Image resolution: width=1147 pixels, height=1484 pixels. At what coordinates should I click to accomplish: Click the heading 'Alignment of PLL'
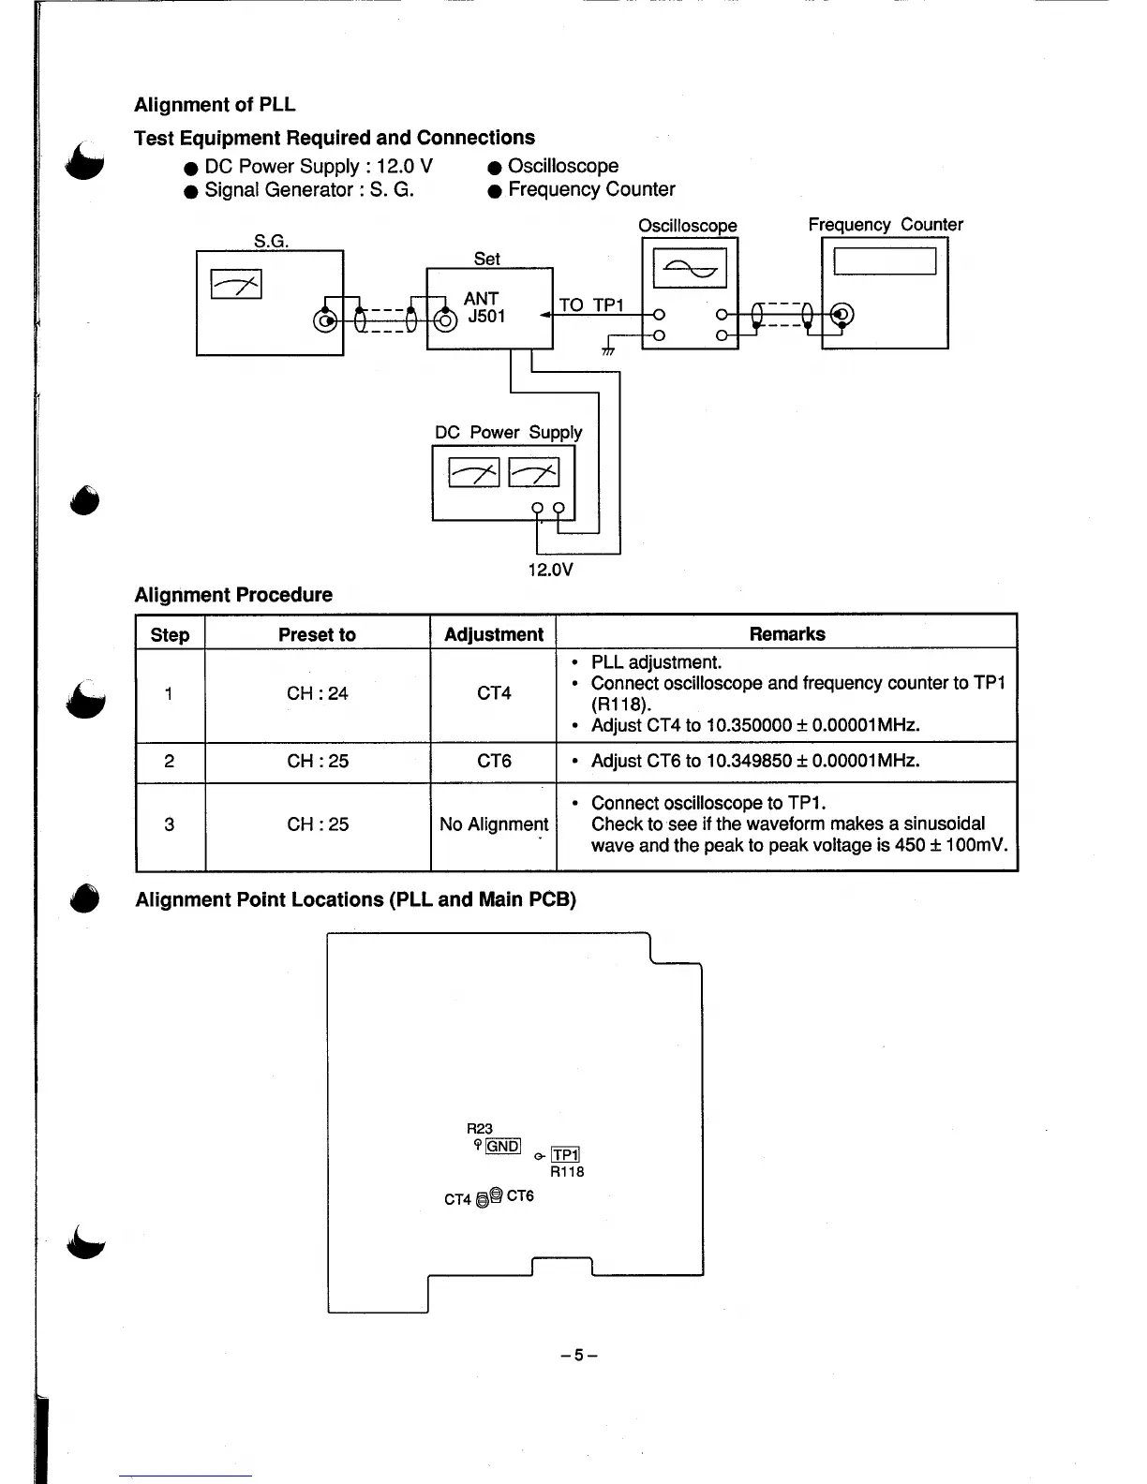pyautogui.click(x=215, y=105)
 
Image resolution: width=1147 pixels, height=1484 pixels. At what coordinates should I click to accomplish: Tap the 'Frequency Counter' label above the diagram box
pyautogui.click(x=885, y=225)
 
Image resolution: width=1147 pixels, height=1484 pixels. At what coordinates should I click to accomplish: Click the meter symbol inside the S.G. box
pyautogui.click(x=236, y=283)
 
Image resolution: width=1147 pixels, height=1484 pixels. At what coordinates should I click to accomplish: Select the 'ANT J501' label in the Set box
pyautogui.click(x=485, y=307)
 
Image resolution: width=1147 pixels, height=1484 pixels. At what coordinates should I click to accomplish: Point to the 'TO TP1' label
pyautogui.click(x=591, y=305)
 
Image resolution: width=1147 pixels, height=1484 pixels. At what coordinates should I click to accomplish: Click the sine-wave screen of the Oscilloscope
pyautogui.click(x=689, y=269)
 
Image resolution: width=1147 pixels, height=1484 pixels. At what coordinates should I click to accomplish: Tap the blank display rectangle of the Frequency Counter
pyautogui.click(x=884, y=260)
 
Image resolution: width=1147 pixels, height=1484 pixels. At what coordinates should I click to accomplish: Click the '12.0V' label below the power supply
pyautogui.click(x=550, y=570)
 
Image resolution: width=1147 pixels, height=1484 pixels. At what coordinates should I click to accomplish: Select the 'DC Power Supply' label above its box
pyautogui.click(x=508, y=433)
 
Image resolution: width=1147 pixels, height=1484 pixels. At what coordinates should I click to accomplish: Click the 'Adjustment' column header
pyautogui.click(x=493, y=634)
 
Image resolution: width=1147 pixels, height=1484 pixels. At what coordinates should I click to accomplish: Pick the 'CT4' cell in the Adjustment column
pyautogui.click(x=494, y=694)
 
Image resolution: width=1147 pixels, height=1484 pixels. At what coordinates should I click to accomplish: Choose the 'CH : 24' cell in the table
pyautogui.click(x=317, y=694)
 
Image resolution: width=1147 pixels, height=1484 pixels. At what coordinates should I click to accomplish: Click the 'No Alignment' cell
pyautogui.click(x=494, y=824)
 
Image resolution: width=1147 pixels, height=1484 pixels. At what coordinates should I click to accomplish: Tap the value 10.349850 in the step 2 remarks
pyautogui.click(x=749, y=761)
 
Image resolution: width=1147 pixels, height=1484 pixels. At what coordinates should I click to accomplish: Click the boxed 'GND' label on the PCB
pyautogui.click(x=503, y=1146)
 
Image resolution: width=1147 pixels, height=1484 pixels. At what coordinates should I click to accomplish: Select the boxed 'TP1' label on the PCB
pyautogui.click(x=566, y=1155)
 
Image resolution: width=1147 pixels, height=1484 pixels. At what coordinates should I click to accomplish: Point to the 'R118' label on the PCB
pyautogui.click(x=567, y=1172)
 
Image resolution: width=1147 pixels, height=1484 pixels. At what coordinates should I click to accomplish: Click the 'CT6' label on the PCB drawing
pyautogui.click(x=520, y=1196)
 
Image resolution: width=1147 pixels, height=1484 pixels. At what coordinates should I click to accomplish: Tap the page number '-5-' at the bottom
pyautogui.click(x=578, y=1355)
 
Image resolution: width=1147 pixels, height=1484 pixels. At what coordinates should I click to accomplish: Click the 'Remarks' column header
pyautogui.click(x=787, y=634)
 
